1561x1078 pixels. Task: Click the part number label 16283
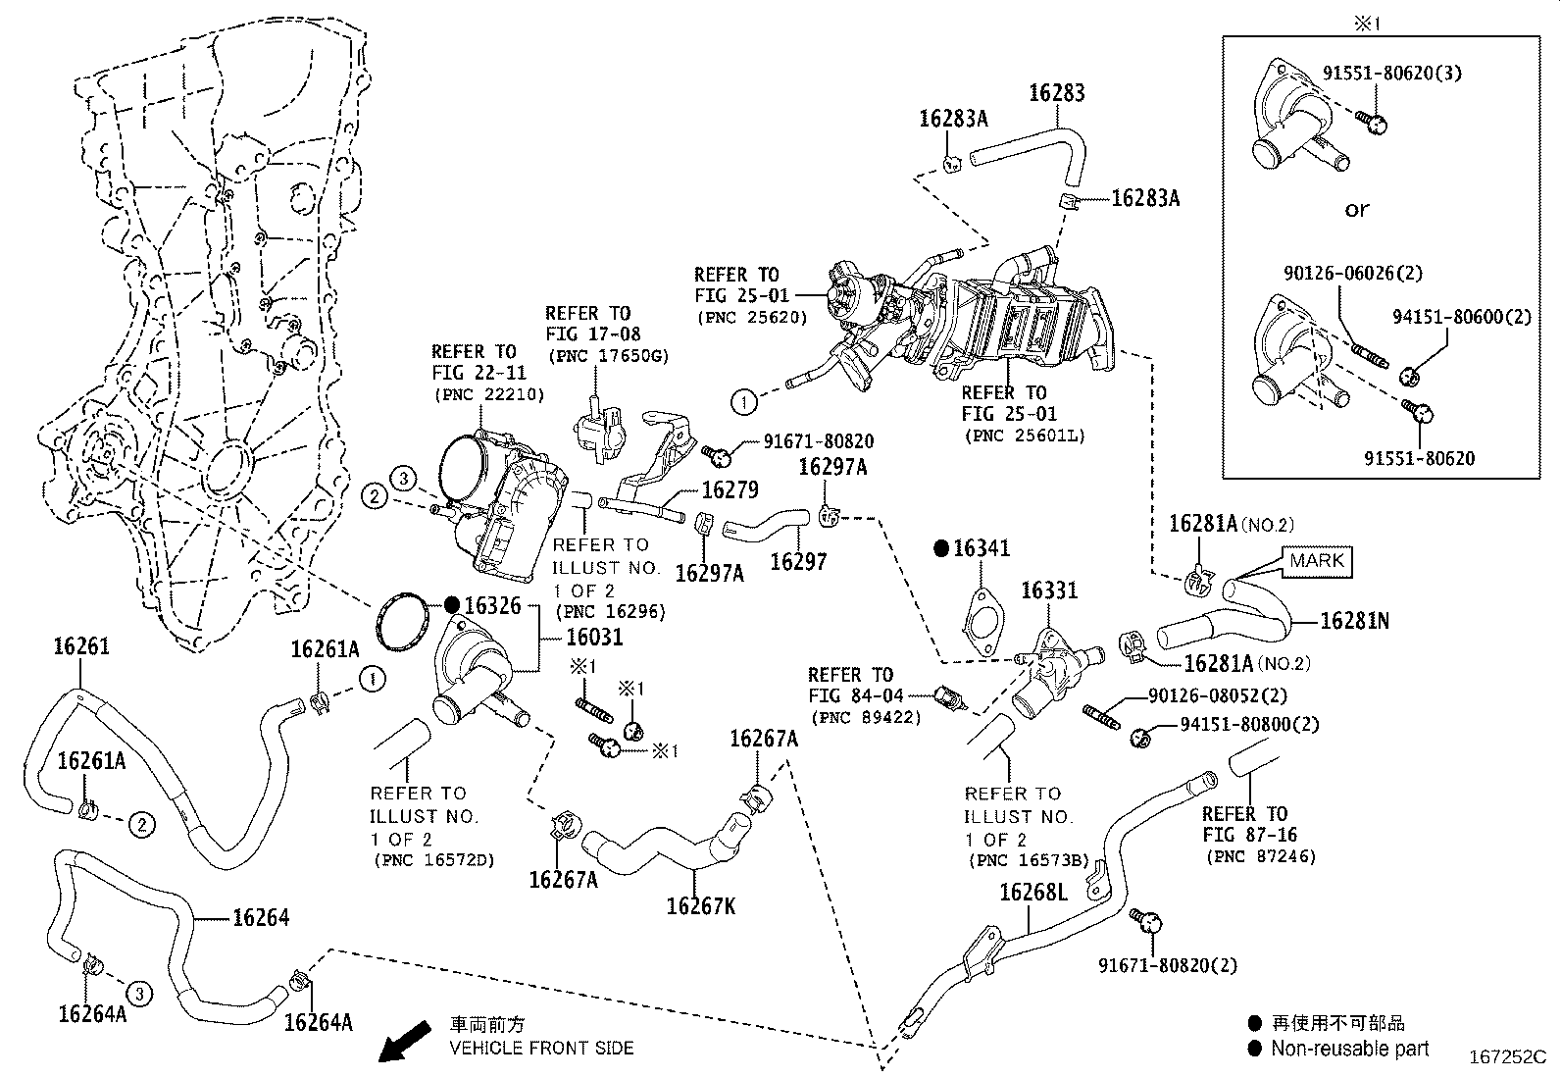coord(1056,93)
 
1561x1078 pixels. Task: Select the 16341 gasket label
coord(982,548)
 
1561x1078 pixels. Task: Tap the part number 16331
coord(1049,590)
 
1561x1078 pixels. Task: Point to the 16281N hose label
coord(1354,621)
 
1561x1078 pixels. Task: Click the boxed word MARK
coord(1317,561)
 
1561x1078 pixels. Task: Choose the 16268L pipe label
coord(1033,892)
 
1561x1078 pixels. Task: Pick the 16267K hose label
coord(700,905)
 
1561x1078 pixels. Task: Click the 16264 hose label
coord(261,917)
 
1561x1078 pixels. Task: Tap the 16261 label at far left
coord(81,646)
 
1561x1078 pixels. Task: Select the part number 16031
coord(594,637)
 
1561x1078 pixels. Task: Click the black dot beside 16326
coord(452,604)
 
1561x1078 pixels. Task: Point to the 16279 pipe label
coord(730,490)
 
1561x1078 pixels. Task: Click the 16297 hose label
coord(798,562)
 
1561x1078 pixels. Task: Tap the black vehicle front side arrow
coord(405,1041)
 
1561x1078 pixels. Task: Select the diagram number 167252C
coord(1507,1057)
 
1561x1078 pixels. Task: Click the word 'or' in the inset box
coord(1356,209)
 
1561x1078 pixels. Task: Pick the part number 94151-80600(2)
coord(1462,317)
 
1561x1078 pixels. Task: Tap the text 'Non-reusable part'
coord(1350,1049)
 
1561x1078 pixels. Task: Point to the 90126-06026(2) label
coord(1352,273)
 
